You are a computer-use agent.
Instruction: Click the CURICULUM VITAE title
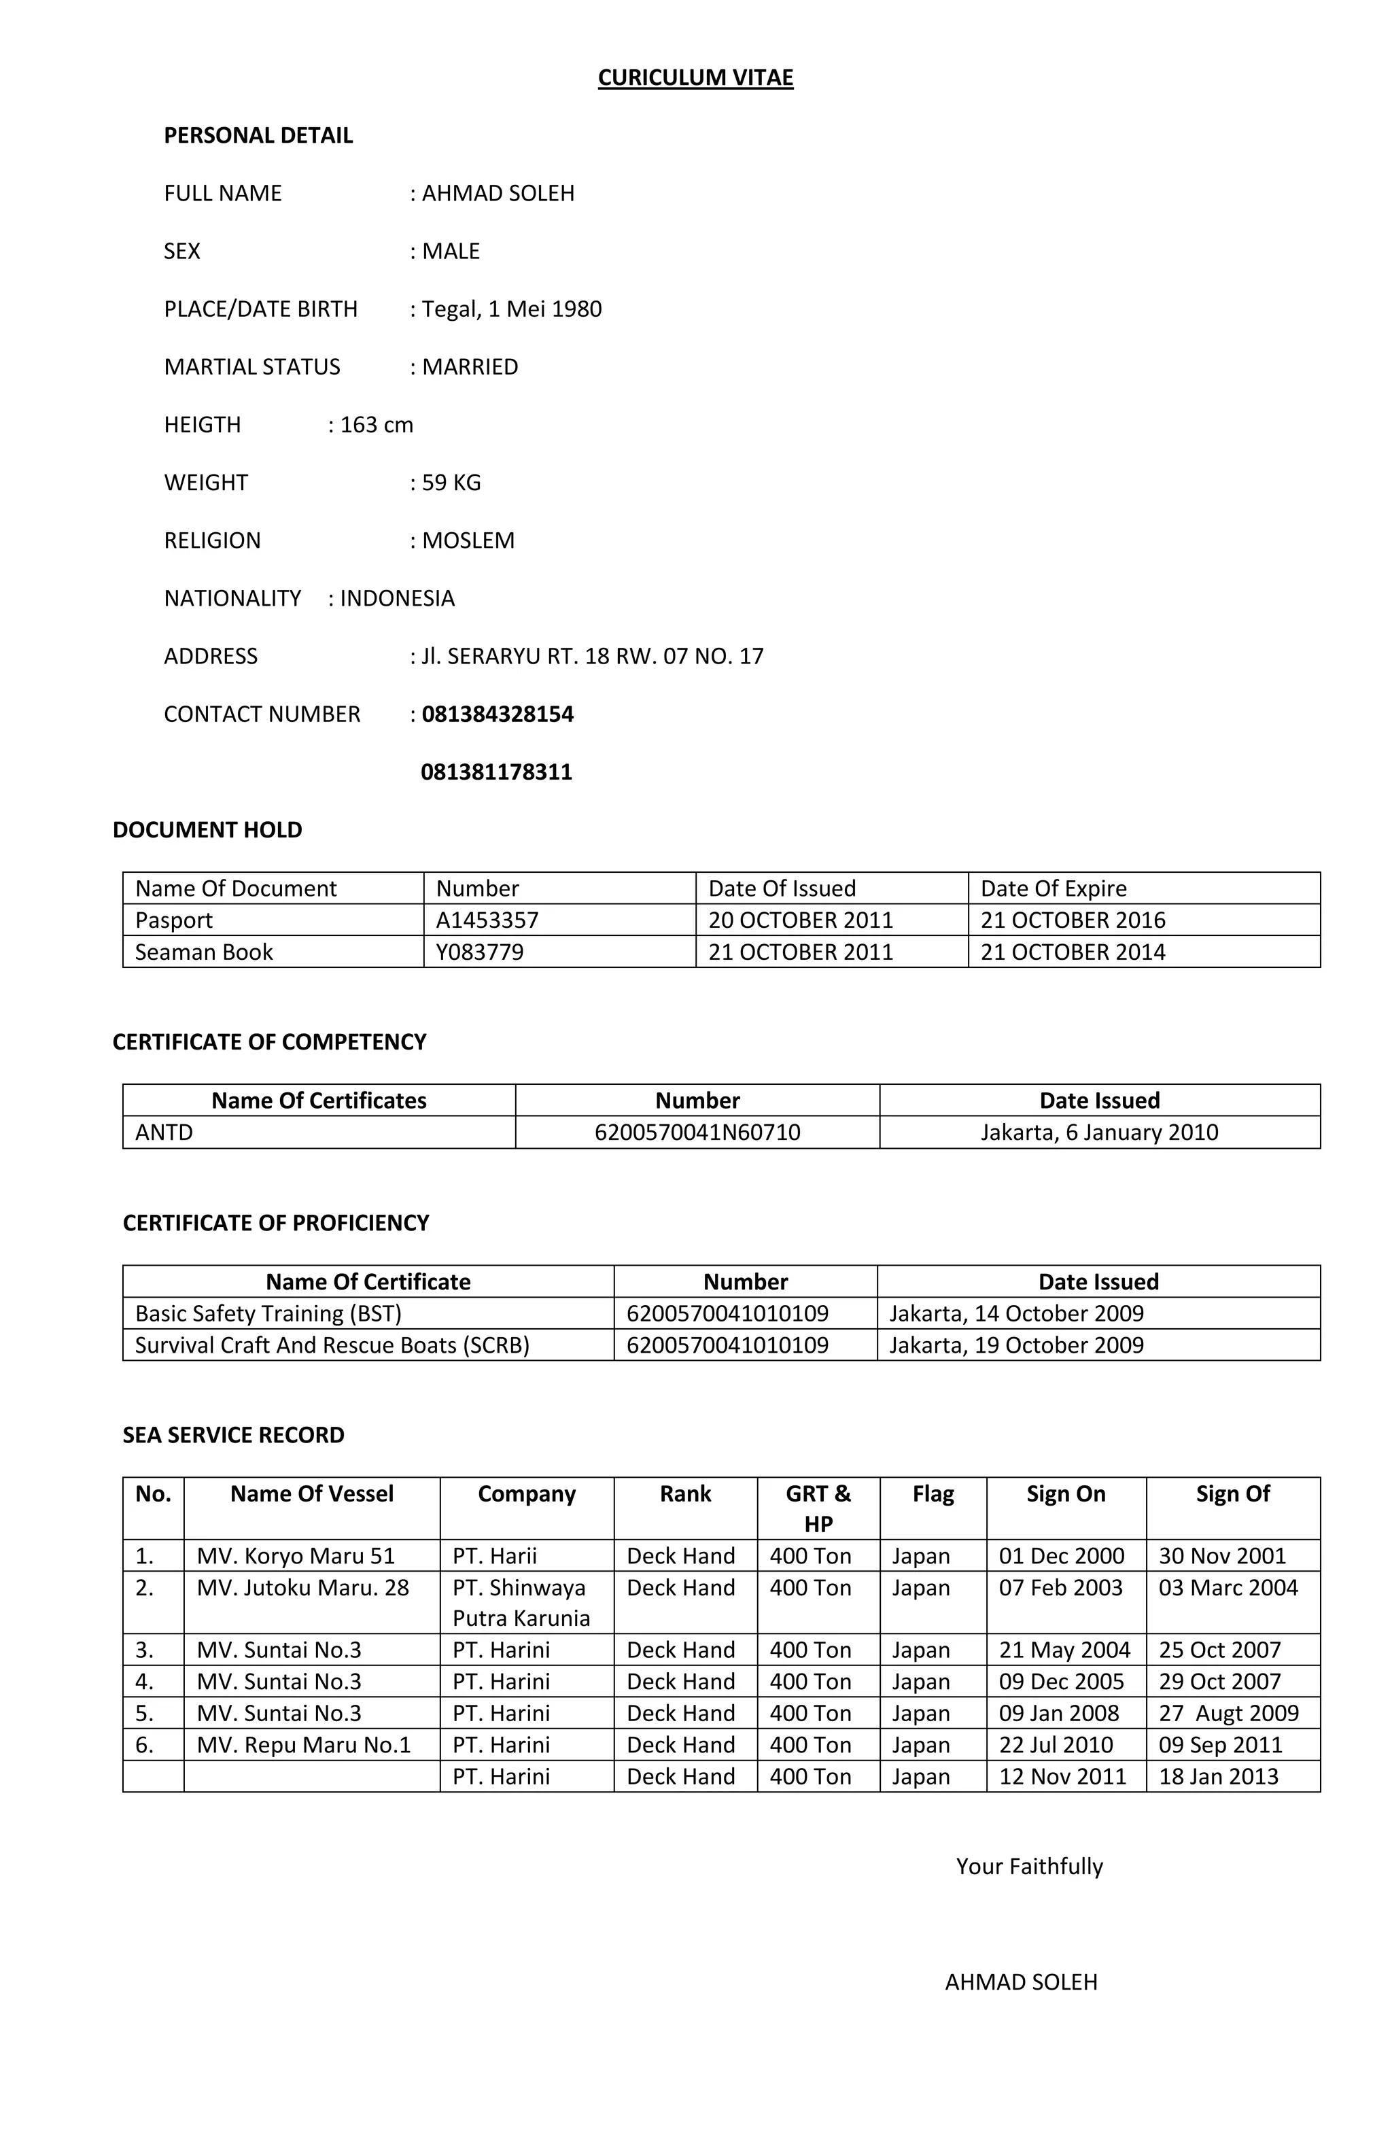(695, 77)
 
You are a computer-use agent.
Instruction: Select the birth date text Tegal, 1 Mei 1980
(511, 309)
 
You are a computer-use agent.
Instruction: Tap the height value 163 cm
(376, 424)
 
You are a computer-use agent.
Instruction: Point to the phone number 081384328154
(498, 714)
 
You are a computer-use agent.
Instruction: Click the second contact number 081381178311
(496, 772)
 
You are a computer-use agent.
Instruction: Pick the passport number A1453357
(487, 920)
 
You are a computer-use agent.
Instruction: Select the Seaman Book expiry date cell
(1073, 952)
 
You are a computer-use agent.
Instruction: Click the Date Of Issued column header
(782, 888)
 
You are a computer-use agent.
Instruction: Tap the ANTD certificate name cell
(164, 1132)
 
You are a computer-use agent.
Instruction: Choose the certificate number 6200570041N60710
(697, 1132)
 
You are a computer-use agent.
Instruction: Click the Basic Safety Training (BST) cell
(268, 1313)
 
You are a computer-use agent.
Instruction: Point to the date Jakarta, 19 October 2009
(1016, 1345)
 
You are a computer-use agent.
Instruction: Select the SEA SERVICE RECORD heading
(234, 1435)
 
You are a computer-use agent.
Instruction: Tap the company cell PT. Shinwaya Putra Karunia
(521, 1602)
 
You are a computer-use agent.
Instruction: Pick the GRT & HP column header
(818, 1508)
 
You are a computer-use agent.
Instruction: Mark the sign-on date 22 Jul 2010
(1056, 1744)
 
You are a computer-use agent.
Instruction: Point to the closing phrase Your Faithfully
(1029, 1866)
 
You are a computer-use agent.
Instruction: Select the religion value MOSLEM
(468, 540)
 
